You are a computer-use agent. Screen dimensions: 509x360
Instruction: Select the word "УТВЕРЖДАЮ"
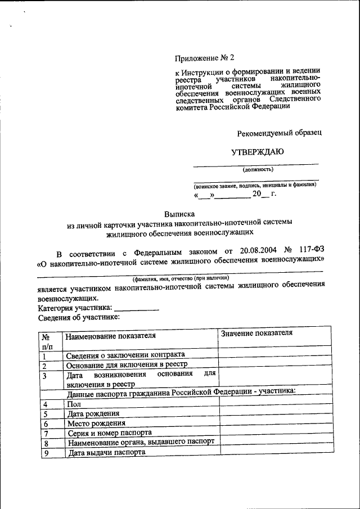(x=258, y=151)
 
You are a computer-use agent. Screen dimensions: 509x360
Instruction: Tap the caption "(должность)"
(x=258, y=169)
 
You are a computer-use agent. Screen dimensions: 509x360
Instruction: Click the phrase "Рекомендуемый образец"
(x=279, y=132)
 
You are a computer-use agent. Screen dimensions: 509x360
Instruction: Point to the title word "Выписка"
(x=179, y=214)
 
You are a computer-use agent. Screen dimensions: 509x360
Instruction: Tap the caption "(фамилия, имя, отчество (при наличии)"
(x=181, y=278)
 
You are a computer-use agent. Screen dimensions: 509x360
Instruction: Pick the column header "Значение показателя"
(x=257, y=333)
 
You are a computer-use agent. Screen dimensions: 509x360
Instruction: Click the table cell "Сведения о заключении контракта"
(x=125, y=355)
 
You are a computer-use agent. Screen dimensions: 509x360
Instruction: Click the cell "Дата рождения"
(x=92, y=414)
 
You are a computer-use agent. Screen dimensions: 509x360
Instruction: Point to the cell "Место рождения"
(x=96, y=424)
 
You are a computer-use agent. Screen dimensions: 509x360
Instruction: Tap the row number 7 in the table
(x=46, y=434)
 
